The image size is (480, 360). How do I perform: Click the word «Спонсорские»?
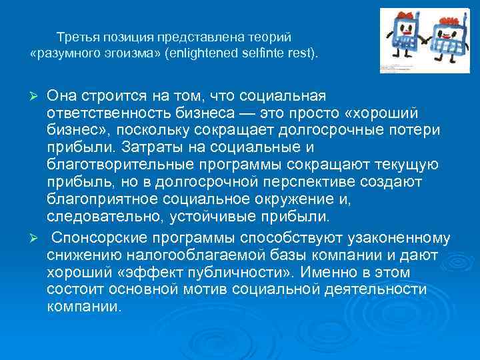(x=97, y=238)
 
